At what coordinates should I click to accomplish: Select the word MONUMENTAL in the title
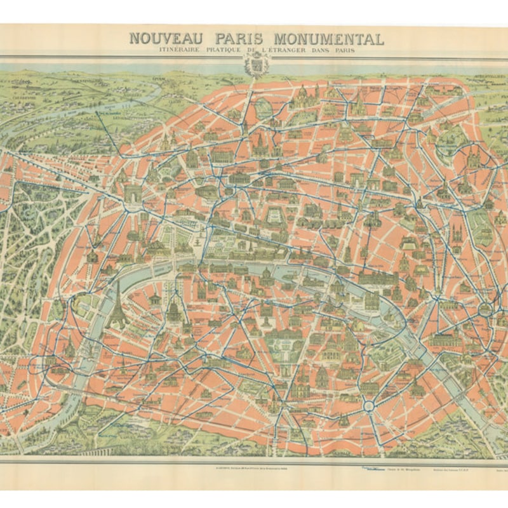(334, 38)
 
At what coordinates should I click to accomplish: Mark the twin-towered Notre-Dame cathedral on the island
(370, 298)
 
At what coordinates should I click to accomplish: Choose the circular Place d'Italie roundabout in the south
(368, 404)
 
